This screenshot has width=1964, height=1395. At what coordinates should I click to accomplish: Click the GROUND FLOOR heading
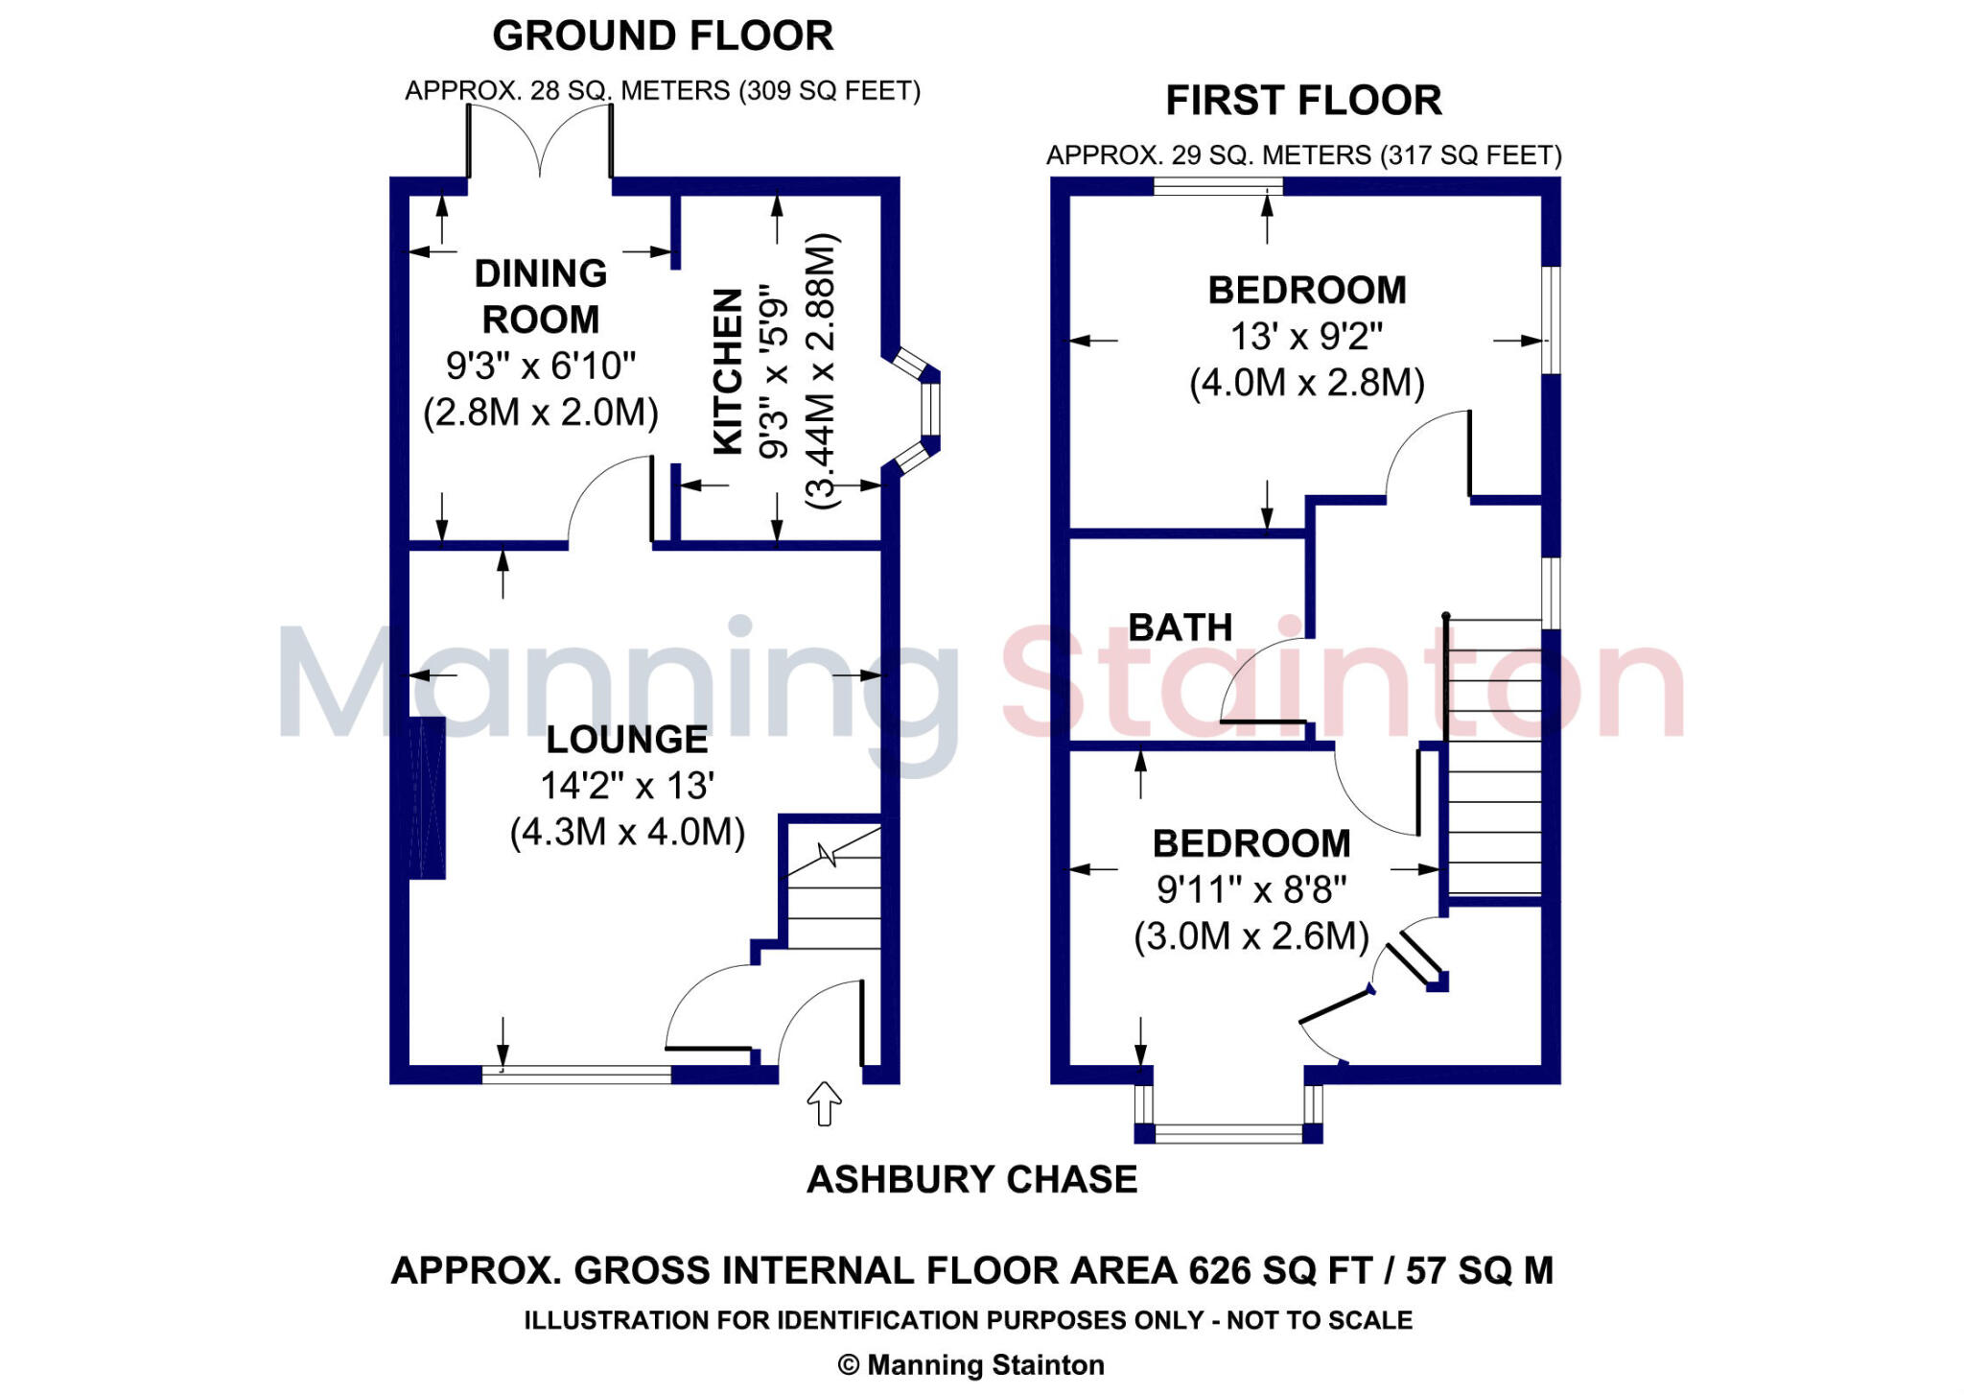(x=663, y=36)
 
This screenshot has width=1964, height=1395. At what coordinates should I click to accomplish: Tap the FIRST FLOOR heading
(x=1303, y=101)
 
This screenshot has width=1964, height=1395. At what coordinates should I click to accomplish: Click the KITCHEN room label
(x=729, y=371)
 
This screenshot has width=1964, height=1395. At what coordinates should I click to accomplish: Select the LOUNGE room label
(x=627, y=740)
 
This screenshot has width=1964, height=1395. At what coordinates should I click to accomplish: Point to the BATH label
(x=1180, y=627)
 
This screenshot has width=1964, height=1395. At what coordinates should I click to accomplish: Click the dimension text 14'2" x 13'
(x=627, y=786)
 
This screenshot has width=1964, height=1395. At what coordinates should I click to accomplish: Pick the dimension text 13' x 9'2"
(x=1306, y=337)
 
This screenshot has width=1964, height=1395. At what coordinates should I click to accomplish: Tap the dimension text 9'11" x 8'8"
(x=1251, y=889)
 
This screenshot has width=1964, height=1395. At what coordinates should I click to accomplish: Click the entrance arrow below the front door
(x=824, y=1103)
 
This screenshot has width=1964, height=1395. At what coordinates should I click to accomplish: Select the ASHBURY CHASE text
(x=971, y=1179)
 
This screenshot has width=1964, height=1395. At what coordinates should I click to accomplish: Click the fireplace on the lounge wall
(x=426, y=797)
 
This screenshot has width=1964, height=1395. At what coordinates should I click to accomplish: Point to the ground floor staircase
(x=833, y=887)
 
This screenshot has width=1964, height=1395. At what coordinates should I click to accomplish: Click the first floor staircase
(x=1493, y=758)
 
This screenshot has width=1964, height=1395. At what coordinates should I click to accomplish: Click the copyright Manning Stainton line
(x=971, y=1364)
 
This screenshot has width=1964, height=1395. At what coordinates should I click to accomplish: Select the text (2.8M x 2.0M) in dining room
(x=541, y=412)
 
